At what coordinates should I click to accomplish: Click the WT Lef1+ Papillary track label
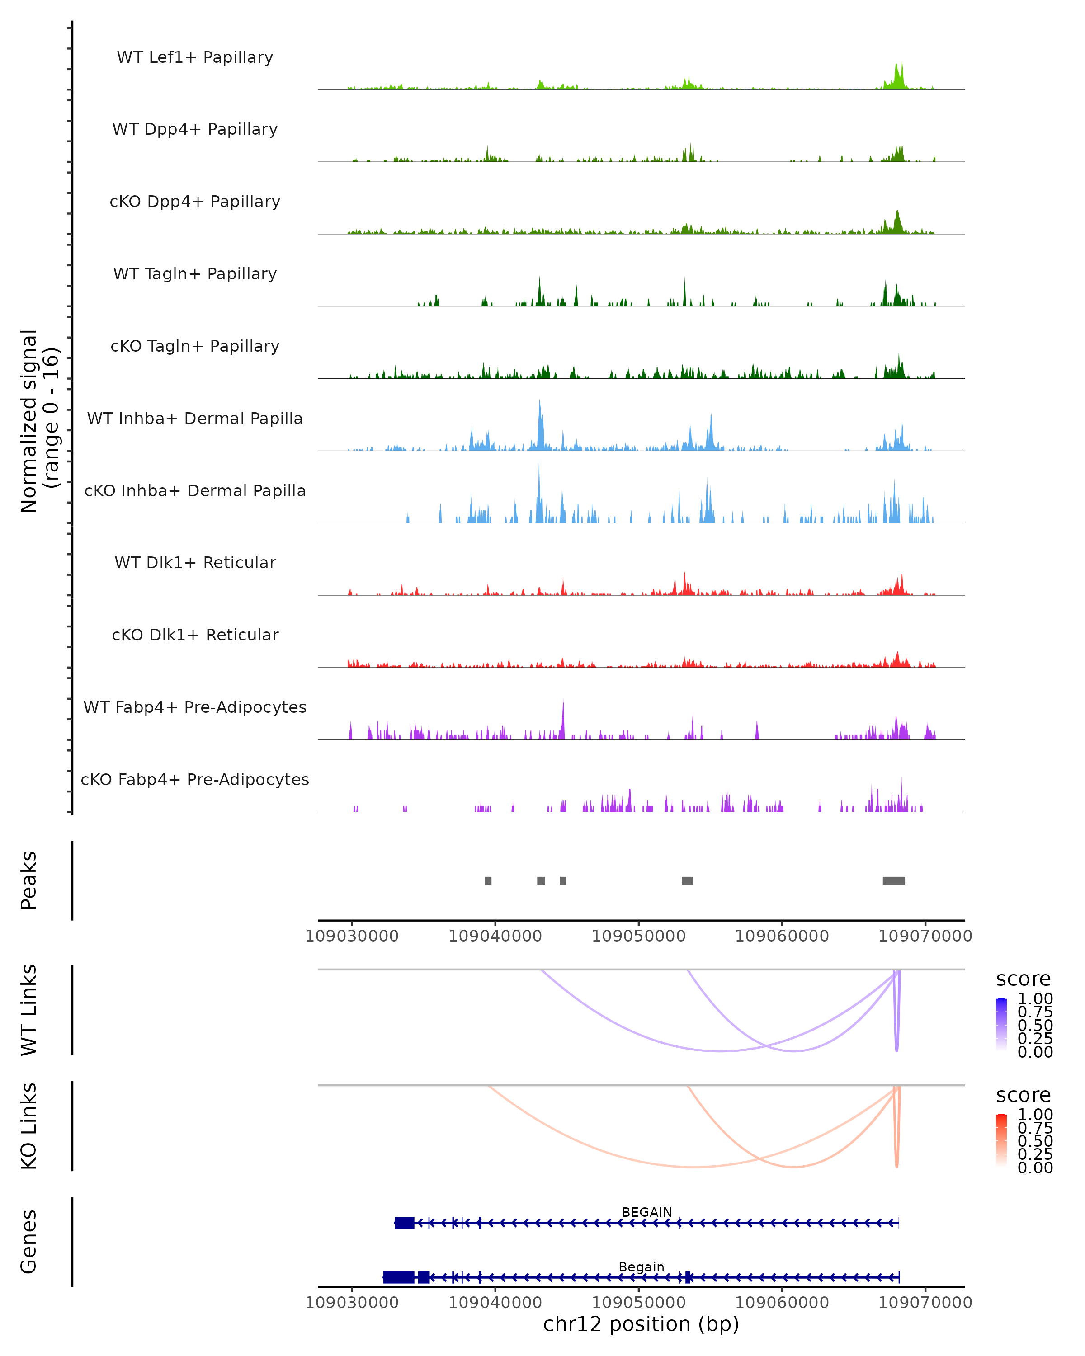[195, 57]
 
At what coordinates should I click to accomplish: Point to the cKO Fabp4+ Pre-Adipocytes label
[195, 779]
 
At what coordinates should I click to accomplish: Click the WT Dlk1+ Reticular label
[195, 562]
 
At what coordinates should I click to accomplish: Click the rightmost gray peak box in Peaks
[893, 880]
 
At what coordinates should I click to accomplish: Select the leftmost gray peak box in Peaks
[488, 880]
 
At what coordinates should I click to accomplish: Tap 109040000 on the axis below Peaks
[495, 936]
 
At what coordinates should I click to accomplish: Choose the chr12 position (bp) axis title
[641, 1324]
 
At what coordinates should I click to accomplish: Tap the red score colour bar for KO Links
[1001, 1140]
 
